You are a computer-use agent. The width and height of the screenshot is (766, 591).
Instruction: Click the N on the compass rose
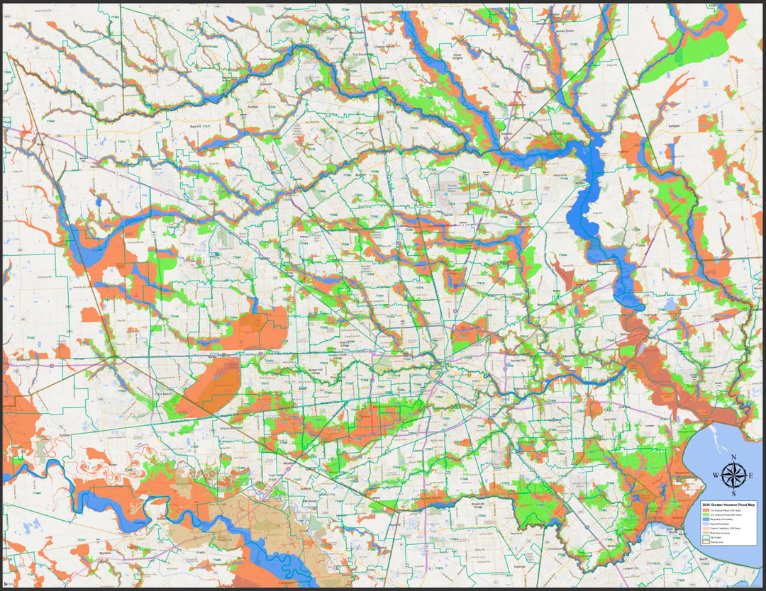[x=733, y=457]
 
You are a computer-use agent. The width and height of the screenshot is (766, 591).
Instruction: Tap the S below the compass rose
[x=733, y=493]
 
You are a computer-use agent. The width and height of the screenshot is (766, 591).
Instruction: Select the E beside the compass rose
[x=751, y=475]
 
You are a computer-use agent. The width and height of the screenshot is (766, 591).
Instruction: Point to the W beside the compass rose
[x=716, y=475]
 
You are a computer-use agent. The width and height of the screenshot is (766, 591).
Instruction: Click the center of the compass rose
[x=733, y=475]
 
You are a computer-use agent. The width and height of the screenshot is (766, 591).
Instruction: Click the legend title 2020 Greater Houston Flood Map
[x=727, y=504]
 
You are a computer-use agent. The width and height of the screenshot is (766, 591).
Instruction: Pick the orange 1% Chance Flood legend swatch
[x=705, y=510]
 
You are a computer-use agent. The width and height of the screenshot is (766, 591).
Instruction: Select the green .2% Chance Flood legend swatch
[x=705, y=514]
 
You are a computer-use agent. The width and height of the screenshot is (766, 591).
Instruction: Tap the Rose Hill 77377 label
[x=206, y=125]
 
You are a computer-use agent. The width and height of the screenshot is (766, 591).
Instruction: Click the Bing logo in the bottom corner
[x=9, y=582]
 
